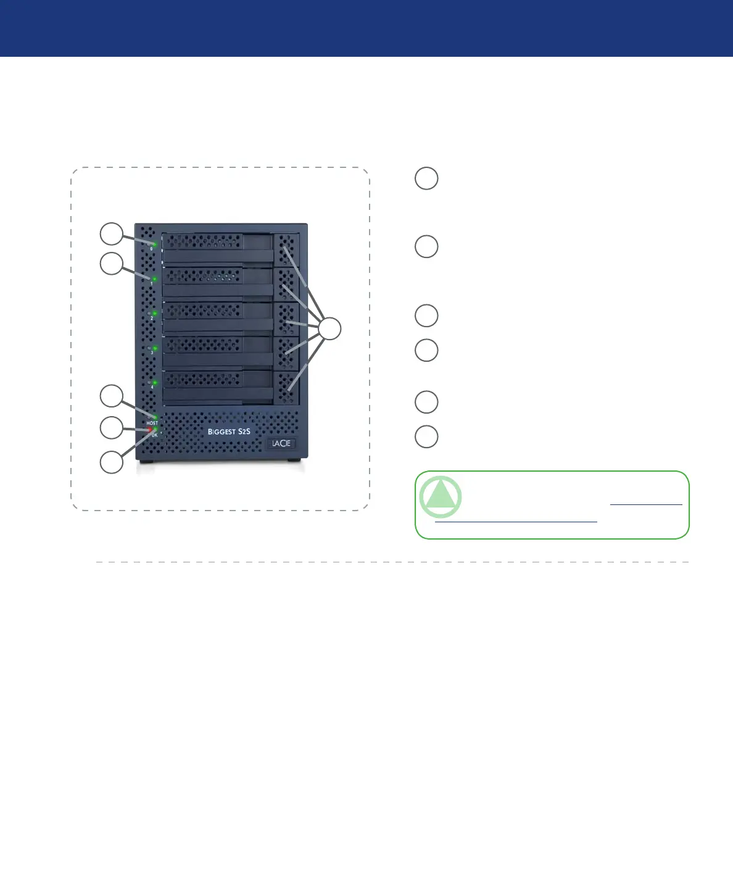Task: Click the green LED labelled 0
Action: [155, 244]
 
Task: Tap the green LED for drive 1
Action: [154, 279]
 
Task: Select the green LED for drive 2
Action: [155, 314]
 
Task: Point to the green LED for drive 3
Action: [155, 348]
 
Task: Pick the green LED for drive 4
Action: [155, 383]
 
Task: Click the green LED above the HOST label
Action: [155, 417]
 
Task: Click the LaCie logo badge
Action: [281, 443]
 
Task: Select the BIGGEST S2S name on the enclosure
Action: [229, 432]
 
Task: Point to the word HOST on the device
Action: [152, 423]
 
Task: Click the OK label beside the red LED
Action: [154, 435]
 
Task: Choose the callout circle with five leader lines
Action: [330, 328]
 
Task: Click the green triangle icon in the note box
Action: [441, 496]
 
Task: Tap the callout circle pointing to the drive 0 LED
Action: [112, 235]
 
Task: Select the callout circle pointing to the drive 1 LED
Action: [112, 264]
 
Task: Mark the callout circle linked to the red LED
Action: [112, 428]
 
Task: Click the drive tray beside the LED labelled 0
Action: [218, 248]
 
